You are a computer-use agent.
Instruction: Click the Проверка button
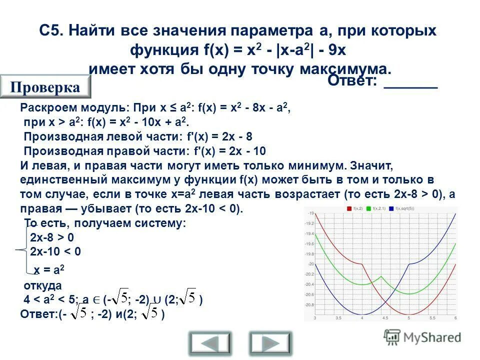tap(45, 87)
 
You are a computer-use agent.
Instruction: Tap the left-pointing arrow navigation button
tap(210, 343)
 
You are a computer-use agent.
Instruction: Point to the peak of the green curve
tap(381, 276)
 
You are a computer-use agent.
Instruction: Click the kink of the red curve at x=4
tap(361, 263)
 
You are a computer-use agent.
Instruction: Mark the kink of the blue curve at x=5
tap(409, 264)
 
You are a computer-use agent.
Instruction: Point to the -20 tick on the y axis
tap(310, 264)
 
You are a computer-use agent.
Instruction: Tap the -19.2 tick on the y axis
tap(309, 223)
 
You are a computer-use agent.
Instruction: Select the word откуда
tap(42, 286)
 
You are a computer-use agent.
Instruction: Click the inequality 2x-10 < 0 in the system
tap(55, 251)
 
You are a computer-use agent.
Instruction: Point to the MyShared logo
tap(422, 337)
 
